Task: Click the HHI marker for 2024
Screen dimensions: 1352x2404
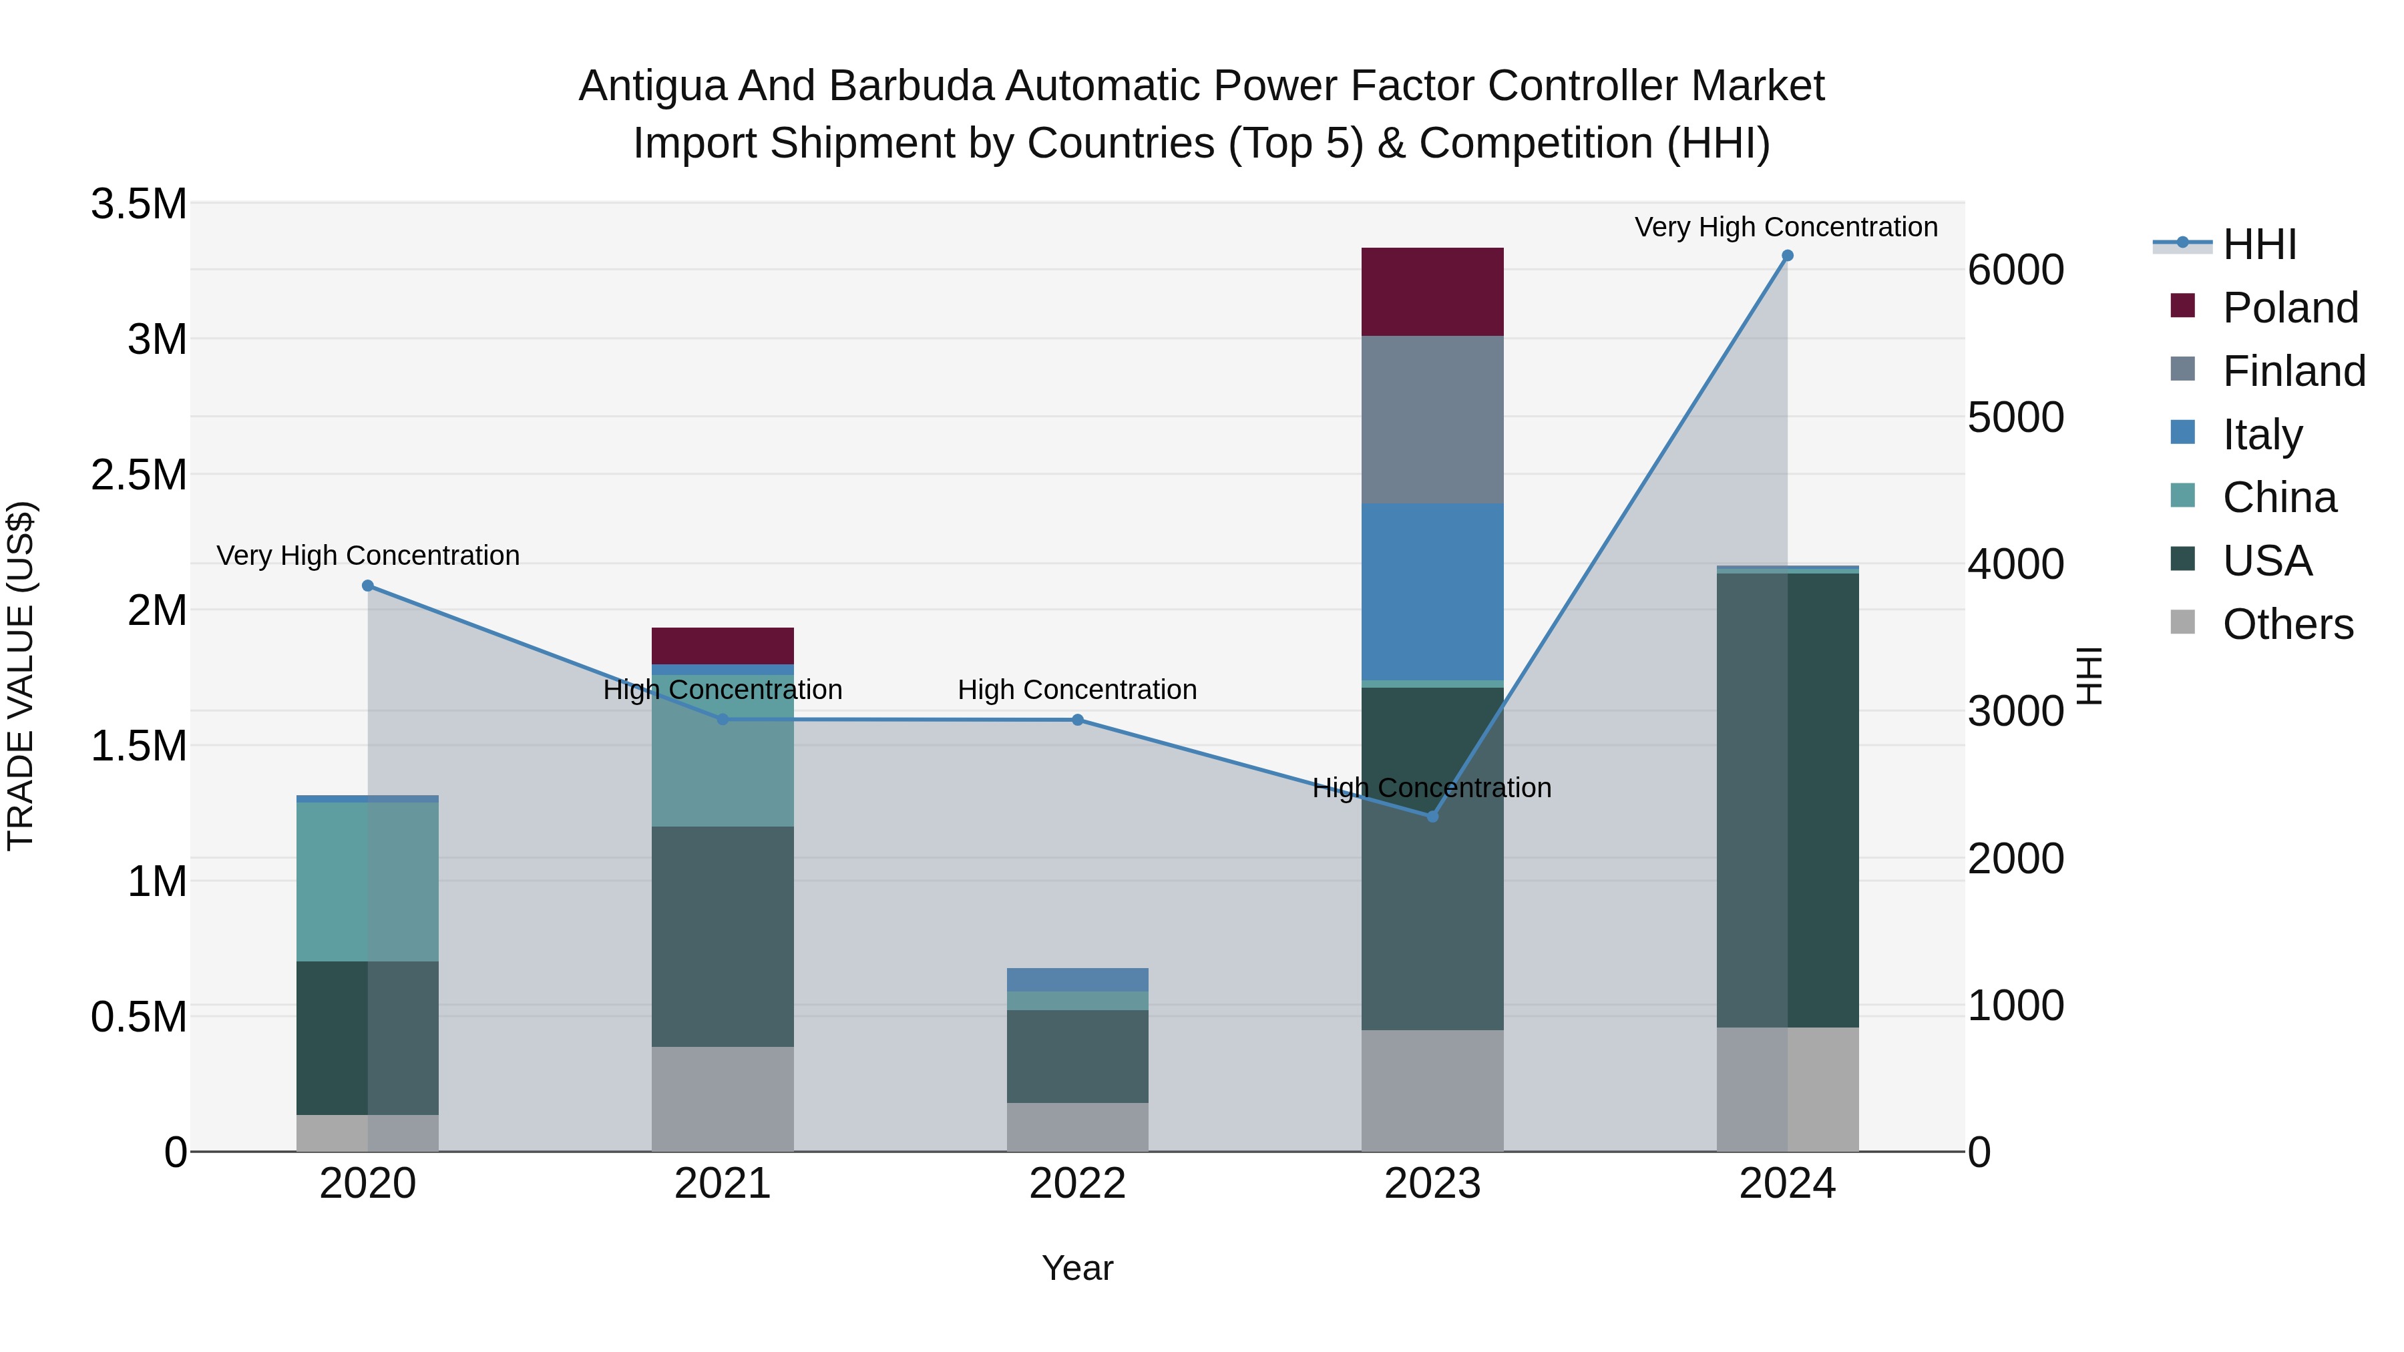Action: pos(1787,256)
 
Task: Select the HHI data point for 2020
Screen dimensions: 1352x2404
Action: pos(368,586)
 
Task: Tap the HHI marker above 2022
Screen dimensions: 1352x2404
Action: pos(1077,719)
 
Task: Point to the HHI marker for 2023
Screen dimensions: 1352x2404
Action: pos(1432,817)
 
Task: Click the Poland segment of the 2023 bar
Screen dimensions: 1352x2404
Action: pos(1432,292)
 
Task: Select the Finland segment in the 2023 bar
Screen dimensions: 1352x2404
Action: pos(1432,420)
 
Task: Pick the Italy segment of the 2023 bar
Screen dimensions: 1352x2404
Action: pos(1432,592)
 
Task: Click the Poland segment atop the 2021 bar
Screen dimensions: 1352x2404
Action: pos(723,646)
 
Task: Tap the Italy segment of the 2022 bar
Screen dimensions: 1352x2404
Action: pos(1077,979)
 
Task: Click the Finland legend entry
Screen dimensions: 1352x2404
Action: pos(2294,371)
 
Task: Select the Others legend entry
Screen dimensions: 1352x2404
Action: pos(2287,624)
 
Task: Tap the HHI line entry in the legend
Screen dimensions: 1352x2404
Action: pos(2258,244)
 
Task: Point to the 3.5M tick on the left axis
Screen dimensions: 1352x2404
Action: pos(139,204)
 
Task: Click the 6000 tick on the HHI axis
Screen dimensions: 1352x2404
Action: pos(2016,270)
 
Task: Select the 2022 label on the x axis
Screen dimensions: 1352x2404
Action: pos(1077,1184)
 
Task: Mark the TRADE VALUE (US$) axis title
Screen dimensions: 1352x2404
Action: pos(21,676)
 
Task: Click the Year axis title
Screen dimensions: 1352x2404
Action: pos(1077,1268)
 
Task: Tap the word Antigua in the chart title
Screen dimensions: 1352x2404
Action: pos(651,86)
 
